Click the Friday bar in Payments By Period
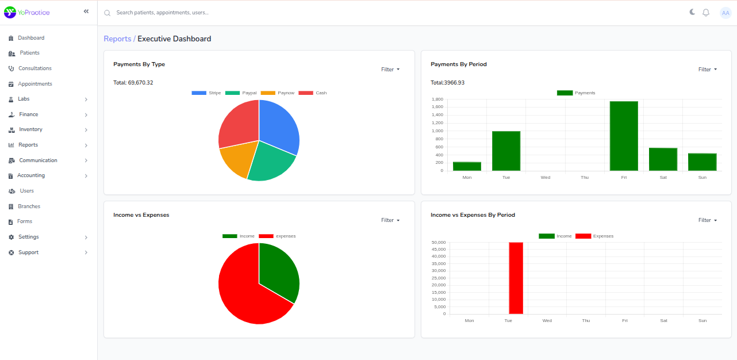pyautogui.click(x=624, y=136)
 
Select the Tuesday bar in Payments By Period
pyautogui.click(x=506, y=151)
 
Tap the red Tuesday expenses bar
pyautogui.click(x=516, y=278)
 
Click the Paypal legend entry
pyautogui.click(x=241, y=93)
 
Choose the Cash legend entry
pyautogui.click(x=313, y=93)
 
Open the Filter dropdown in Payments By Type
pyautogui.click(x=390, y=70)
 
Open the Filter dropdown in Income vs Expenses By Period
pyautogui.click(x=708, y=220)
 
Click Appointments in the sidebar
pyautogui.click(x=34, y=84)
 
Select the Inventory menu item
pyautogui.click(x=30, y=129)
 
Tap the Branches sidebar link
pyautogui.click(x=29, y=206)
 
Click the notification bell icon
pyautogui.click(x=706, y=13)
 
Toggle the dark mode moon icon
pyautogui.click(x=692, y=12)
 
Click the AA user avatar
pyautogui.click(x=726, y=13)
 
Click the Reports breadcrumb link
pyautogui.click(x=117, y=39)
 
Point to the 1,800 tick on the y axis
pyautogui.click(x=437, y=99)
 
